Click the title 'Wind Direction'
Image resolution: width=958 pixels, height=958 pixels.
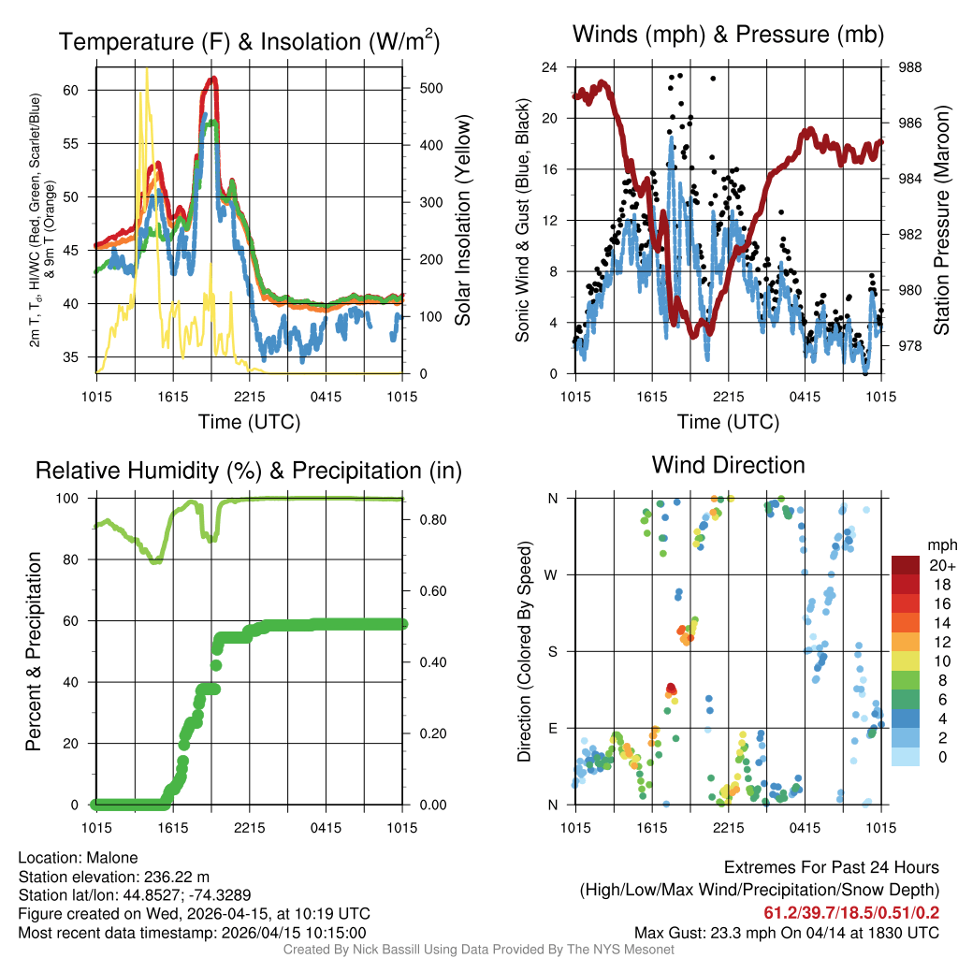pyautogui.click(x=728, y=465)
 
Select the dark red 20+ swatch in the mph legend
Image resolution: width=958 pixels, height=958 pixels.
pyautogui.click(x=905, y=565)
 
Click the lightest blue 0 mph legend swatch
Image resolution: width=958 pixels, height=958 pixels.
pyautogui.click(x=905, y=758)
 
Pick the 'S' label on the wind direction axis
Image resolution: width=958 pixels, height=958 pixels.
pyautogui.click(x=553, y=651)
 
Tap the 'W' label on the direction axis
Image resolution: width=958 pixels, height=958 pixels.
pyautogui.click(x=553, y=574)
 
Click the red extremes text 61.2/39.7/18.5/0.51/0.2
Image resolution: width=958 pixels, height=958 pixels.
pyautogui.click(x=851, y=912)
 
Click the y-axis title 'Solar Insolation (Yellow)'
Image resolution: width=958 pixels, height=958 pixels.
pyautogui.click(x=463, y=220)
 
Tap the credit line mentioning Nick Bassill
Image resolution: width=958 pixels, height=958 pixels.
pyautogui.click(x=479, y=950)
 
